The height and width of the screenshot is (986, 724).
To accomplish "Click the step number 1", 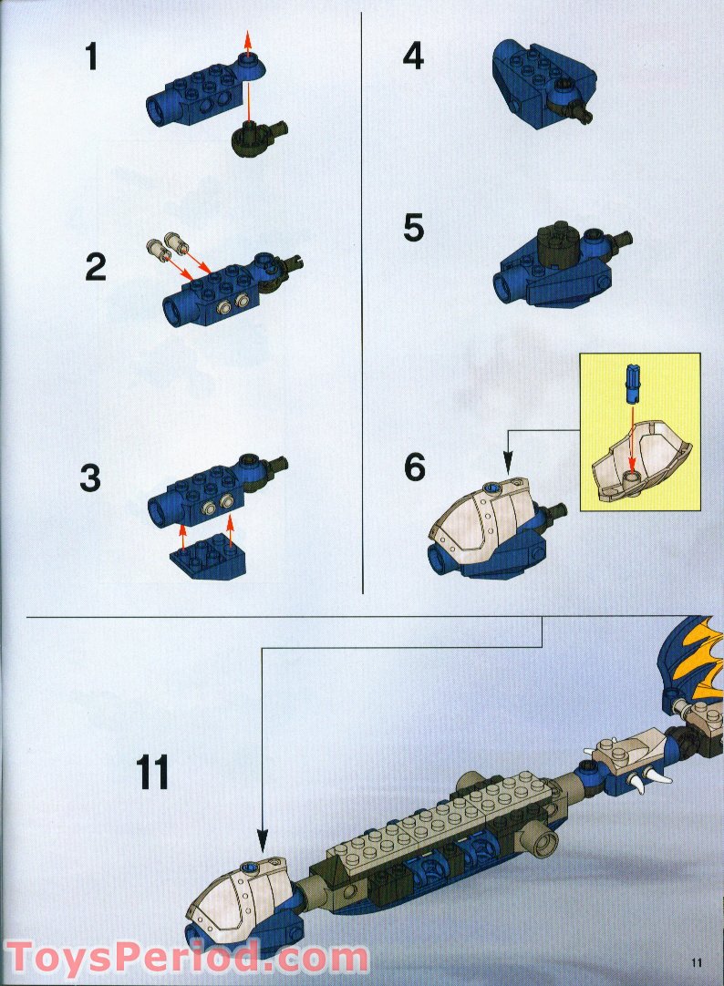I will tap(90, 57).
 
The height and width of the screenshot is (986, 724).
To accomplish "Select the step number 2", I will tap(96, 268).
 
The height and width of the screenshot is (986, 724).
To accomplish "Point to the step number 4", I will tap(413, 57).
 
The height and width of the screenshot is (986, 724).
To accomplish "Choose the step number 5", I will tap(413, 228).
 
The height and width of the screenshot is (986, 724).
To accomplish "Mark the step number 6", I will tap(414, 467).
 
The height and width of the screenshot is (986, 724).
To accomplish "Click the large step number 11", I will tap(153, 772).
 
